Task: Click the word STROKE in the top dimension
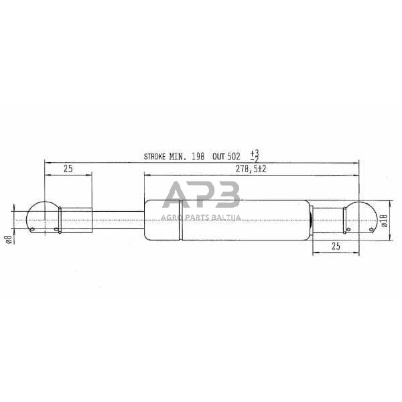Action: coord(156,157)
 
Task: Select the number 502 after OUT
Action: coord(233,157)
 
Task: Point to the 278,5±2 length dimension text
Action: coord(252,170)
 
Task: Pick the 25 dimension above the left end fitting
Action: coord(68,170)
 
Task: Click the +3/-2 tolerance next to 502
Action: coord(253,156)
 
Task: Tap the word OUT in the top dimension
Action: coord(218,157)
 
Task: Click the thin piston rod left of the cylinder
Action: coord(117,219)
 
